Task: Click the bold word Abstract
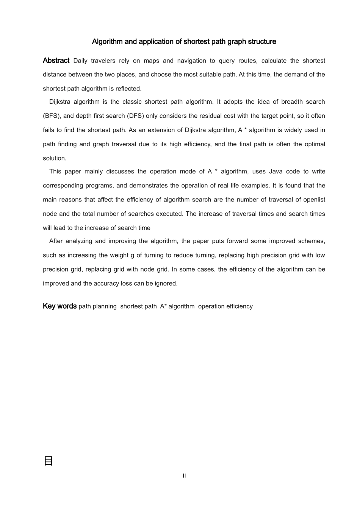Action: coord(56,61)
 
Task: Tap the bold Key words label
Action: coord(60,306)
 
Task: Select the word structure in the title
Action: coord(262,42)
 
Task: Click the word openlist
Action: coord(314,200)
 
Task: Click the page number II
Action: coord(184,476)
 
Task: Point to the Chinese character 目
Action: coord(49,461)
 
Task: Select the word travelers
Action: coord(103,61)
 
